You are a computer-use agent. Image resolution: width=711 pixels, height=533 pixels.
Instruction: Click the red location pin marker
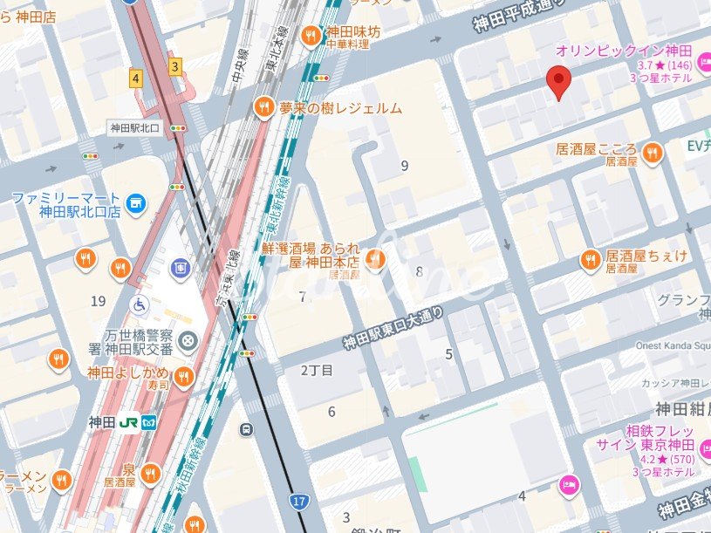tap(558, 82)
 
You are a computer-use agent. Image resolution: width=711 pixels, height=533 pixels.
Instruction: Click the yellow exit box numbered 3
tap(175, 66)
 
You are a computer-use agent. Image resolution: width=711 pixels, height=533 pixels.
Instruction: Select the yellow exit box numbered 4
tap(135, 78)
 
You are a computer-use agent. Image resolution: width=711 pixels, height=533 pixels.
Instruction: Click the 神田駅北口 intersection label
tap(136, 128)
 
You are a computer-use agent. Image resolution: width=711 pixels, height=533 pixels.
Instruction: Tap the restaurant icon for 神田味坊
tap(310, 36)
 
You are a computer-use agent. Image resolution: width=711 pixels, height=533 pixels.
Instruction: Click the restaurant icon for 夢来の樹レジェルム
tap(263, 108)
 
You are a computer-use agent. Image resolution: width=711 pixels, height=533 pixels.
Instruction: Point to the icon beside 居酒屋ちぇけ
tap(591, 260)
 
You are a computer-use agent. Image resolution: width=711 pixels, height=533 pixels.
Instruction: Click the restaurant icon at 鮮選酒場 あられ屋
tap(375, 259)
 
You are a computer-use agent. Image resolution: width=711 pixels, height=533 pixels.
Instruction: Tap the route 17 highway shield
tap(298, 501)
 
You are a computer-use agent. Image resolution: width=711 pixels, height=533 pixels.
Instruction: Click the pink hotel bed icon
tap(569, 483)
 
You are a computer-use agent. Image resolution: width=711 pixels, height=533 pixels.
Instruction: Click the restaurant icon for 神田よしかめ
tap(183, 376)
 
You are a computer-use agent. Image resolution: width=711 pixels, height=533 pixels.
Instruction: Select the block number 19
tap(98, 302)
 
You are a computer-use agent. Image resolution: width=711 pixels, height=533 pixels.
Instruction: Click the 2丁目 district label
tap(317, 371)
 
